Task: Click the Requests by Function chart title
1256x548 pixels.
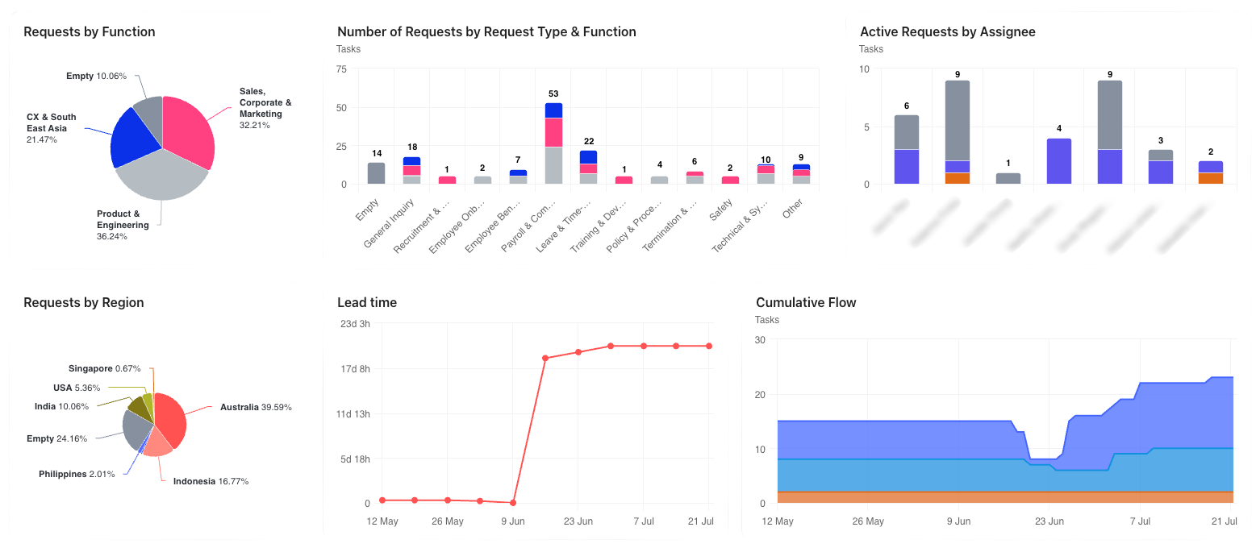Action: [90, 32]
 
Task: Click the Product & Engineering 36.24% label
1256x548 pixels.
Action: [123, 225]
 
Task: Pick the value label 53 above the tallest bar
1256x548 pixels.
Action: [553, 94]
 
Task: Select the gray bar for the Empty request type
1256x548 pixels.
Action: [376, 173]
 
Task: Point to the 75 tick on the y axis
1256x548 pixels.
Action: [342, 69]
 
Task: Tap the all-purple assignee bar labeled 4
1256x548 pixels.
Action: [1059, 161]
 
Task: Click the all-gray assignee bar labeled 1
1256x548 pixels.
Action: [1008, 178]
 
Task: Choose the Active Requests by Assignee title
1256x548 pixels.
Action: [947, 32]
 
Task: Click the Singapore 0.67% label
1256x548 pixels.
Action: [105, 368]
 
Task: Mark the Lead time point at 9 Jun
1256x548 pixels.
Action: [513, 503]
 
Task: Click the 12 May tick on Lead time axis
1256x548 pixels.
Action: [382, 521]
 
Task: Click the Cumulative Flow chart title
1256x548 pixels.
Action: [806, 303]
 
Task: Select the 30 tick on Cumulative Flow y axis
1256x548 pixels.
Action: [760, 340]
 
